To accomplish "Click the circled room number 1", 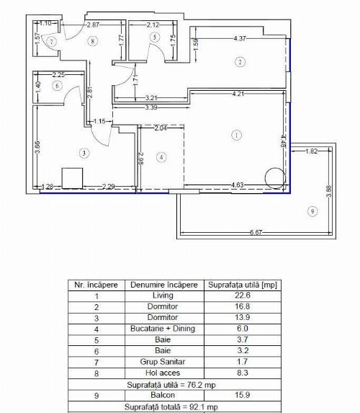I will point(236,134).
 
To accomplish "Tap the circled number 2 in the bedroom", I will point(240,62).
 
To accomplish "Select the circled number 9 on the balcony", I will point(311,211).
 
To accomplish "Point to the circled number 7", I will point(52,42).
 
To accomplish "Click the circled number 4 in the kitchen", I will point(161,156).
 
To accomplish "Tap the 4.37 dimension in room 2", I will point(240,38).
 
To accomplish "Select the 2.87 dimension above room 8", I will point(92,25).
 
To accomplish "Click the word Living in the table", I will point(163,296).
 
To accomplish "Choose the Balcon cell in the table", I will point(163,396).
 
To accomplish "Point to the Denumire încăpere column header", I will point(163,285).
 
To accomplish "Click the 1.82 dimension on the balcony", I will point(312,152).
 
